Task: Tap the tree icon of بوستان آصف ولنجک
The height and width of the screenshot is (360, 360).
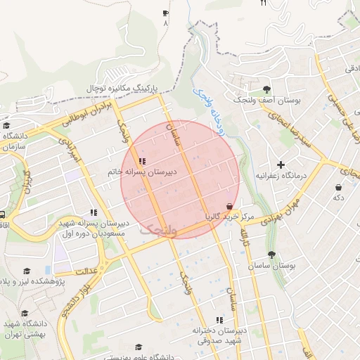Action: [x=266, y=89]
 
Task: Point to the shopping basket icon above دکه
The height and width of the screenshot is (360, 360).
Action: [x=339, y=188]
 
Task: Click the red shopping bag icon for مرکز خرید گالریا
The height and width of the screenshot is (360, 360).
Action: [x=229, y=207]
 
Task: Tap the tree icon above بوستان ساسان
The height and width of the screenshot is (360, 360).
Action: [x=271, y=255]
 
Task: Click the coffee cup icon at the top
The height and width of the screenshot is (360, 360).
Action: [x=166, y=13]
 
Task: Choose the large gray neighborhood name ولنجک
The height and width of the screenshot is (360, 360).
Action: [x=158, y=229]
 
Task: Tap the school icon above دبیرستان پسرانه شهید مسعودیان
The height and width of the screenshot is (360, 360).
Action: [x=93, y=212]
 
